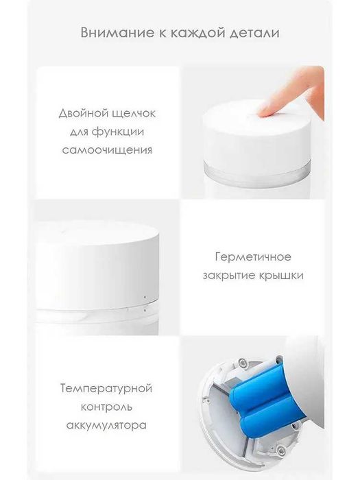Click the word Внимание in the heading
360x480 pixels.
[108, 32]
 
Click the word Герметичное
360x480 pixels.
[252, 257]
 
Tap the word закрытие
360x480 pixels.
[228, 275]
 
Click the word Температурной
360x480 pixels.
[107, 389]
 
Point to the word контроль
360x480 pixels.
[107, 407]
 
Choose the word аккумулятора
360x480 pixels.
[107, 425]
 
